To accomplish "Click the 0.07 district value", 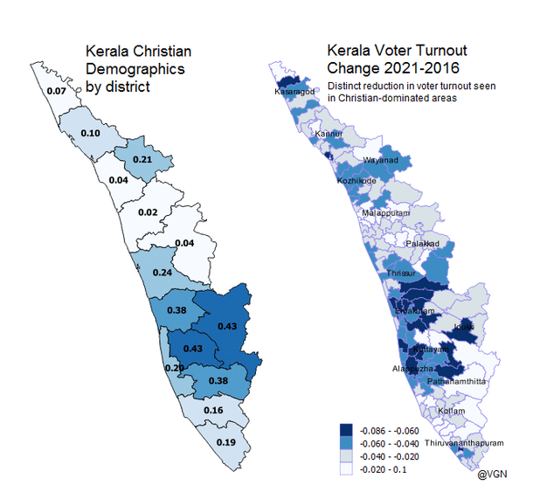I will point(57,91).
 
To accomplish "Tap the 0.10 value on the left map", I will point(90,133).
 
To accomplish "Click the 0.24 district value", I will point(161,272).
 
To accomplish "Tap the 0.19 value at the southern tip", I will point(226,442).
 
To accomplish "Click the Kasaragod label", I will point(294,91).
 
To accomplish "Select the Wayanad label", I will point(381,161).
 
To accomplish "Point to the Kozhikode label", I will point(356,180).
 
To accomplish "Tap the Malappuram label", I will point(385,212).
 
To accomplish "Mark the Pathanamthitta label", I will point(455,383).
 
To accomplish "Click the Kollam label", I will point(453,410).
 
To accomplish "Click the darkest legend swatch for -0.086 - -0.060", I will point(347,430).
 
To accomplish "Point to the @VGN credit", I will point(492,475).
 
